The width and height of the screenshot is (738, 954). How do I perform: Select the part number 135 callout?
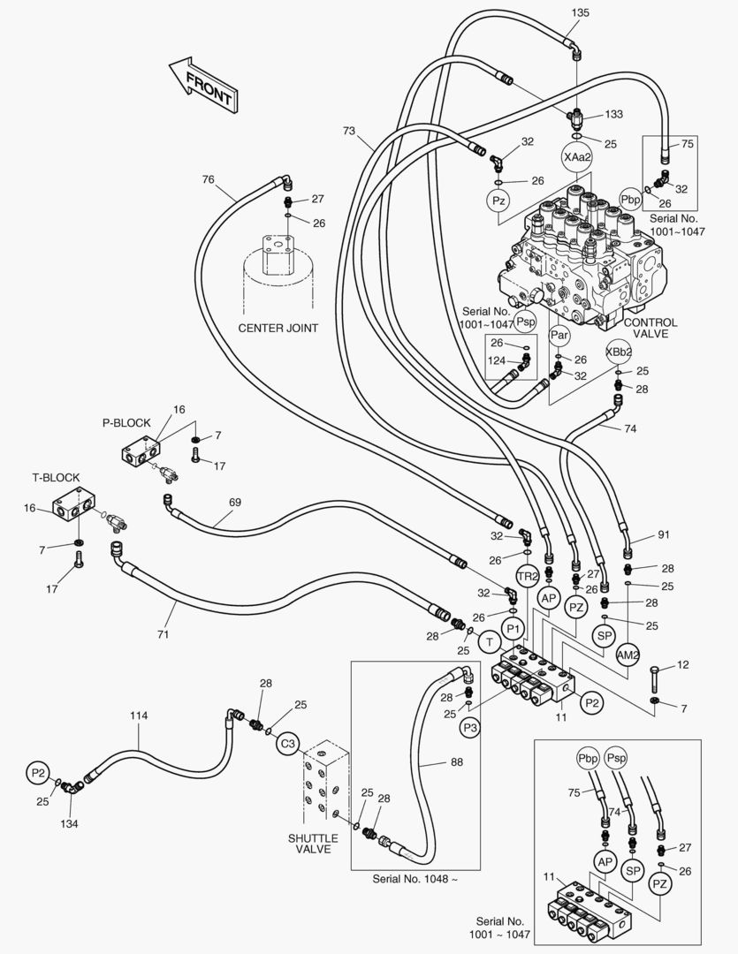[x=580, y=13]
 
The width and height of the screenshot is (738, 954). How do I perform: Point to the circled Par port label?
[x=559, y=335]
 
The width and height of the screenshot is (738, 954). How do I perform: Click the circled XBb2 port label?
[x=618, y=351]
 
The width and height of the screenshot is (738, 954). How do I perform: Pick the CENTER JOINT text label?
[x=278, y=328]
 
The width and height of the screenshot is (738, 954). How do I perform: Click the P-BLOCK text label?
[x=126, y=422]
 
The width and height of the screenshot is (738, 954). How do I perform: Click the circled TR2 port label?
[x=528, y=576]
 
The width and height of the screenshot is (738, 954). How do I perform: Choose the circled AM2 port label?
[x=628, y=655]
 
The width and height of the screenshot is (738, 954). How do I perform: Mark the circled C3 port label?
[x=287, y=744]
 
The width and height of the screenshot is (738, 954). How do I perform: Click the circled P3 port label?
[x=470, y=727]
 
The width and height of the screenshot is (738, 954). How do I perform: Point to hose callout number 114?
[x=140, y=715]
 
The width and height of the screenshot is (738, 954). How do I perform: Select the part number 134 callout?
[x=69, y=823]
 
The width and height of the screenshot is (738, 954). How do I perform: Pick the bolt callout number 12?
[x=682, y=664]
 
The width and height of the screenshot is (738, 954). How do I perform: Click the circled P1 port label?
[x=513, y=628]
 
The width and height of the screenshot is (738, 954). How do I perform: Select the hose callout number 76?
[x=208, y=179]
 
